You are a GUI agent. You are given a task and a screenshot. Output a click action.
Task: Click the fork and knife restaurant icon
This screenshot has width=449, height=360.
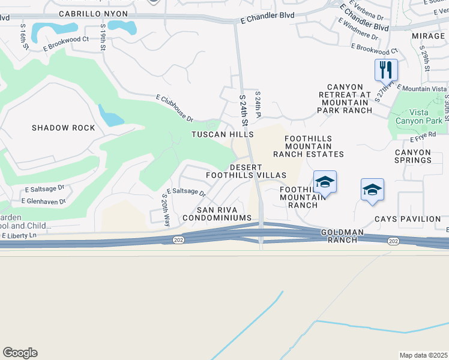[386, 70]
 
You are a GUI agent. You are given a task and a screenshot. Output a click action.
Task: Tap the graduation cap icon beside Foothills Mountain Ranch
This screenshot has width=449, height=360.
[325, 181]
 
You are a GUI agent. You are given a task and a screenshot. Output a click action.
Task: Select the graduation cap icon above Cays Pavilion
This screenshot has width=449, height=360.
[372, 190]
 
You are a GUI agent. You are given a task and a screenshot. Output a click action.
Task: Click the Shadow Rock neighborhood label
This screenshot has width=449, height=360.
[64, 128]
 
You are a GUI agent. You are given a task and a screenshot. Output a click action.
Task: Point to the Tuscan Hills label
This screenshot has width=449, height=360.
[222, 134]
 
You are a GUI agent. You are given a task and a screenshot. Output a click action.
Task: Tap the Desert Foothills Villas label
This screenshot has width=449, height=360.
[246, 170]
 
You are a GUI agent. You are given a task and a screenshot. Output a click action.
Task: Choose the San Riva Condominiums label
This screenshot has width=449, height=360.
[224, 213]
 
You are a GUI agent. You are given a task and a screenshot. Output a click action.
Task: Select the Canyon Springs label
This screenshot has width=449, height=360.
[412, 156]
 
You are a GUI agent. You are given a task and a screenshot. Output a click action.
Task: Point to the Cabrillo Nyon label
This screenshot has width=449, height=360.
[93, 13]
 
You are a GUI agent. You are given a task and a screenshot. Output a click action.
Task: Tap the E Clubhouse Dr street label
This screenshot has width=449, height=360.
[174, 108]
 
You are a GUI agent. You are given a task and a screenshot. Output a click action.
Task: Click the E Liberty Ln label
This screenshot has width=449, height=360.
[19, 236]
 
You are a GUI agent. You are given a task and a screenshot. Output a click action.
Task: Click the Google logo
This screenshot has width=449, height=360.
[20, 352]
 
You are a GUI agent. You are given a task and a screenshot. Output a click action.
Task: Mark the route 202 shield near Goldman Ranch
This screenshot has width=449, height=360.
[393, 241]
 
